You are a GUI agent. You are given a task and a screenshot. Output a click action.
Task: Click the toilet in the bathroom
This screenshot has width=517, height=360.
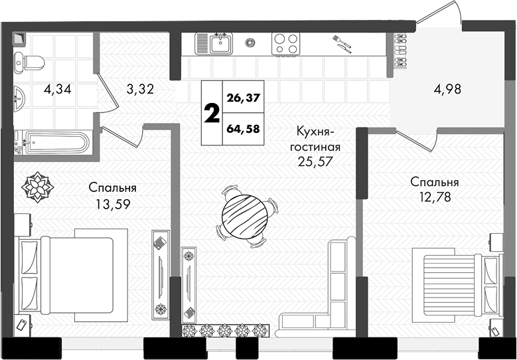[x=29, y=62]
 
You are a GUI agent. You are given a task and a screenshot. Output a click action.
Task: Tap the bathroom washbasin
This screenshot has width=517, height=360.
[x=19, y=98]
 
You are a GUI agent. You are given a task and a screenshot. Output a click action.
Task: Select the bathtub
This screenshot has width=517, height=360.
[x=52, y=142]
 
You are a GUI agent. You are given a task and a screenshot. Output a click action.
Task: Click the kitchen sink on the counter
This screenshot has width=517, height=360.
[x=214, y=43]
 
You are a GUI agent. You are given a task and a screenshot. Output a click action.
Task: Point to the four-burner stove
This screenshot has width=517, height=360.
[x=285, y=44]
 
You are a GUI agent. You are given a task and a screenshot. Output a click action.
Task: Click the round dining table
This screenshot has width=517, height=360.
[x=244, y=217]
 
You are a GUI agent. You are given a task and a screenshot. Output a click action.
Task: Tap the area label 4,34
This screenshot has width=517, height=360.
[x=57, y=89]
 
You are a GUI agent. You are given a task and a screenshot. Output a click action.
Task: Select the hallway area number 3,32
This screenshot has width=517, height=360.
[x=140, y=89]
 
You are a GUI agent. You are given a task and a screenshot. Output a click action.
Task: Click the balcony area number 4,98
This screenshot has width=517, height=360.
[x=447, y=89]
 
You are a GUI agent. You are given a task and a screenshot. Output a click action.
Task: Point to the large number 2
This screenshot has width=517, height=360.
[x=212, y=113]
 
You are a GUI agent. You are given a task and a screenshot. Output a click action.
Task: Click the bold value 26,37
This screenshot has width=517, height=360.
[x=244, y=98]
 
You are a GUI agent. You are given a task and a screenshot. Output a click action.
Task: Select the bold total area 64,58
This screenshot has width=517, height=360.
[x=244, y=129]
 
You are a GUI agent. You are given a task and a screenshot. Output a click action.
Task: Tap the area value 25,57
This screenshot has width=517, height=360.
[x=315, y=161]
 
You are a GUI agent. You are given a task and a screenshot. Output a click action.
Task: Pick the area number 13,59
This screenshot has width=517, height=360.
[x=113, y=205]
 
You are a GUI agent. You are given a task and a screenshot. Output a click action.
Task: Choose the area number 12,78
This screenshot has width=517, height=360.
[x=435, y=197]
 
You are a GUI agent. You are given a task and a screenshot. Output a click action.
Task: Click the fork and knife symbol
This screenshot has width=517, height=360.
[x=342, y=44]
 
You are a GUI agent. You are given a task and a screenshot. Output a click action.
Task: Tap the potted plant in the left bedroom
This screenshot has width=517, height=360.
[x=38, y=187]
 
